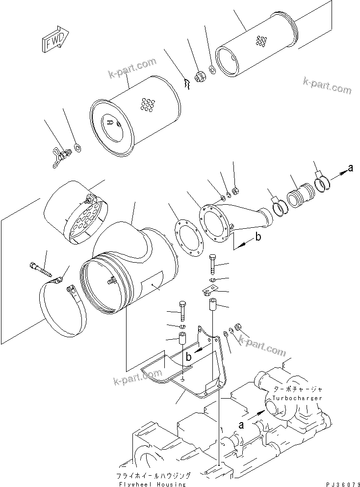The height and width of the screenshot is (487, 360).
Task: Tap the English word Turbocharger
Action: (x=298, y=398)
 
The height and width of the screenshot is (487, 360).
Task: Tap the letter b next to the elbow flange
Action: (x=257, y=239)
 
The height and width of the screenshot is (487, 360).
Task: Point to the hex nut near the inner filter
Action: (x=200, y=77)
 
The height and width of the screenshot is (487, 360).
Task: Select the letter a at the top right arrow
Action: (x=350, y=168)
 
